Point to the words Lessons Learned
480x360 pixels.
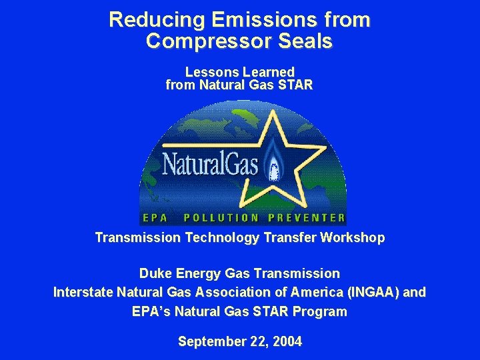[239, 71]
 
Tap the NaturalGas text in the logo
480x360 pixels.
[210, 162]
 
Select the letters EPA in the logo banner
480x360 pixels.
[155, 217]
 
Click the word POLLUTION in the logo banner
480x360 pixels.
[221, 217]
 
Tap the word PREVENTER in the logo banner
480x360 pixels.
[306, 217]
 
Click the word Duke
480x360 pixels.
[154, 273]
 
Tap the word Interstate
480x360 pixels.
[83, 292]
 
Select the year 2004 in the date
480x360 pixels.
[287, 341]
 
